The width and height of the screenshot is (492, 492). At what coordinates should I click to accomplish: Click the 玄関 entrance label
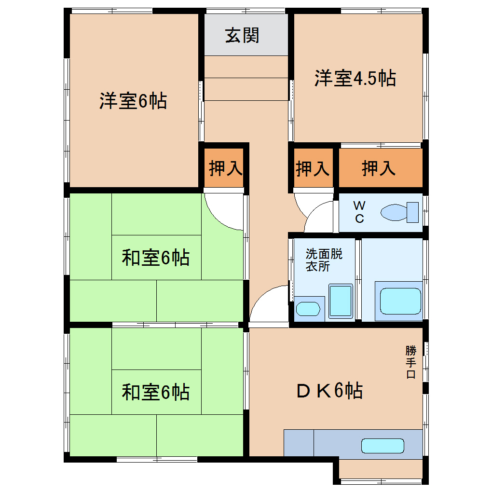click(242, 36)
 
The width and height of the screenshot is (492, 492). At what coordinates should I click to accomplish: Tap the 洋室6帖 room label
click(133, 101)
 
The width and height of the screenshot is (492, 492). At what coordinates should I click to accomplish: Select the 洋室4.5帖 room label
click(355, 78)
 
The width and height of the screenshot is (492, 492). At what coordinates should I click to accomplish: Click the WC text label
click(359, 212)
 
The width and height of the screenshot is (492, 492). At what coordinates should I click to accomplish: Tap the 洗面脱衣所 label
click(324, 260)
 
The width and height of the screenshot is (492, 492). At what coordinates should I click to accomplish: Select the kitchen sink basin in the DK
click(383, 446)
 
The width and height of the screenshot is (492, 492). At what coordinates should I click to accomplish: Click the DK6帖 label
click(329, 391)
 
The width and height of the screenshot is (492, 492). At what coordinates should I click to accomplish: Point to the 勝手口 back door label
click(410, 361)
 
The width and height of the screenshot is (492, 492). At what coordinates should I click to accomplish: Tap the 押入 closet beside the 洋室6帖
click(225, 168)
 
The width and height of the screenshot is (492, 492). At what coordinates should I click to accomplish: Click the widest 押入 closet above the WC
click(379, 168)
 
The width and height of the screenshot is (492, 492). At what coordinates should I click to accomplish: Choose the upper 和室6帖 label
click(155, 258)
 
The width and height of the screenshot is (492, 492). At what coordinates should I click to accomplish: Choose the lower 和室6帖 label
click(155, 392)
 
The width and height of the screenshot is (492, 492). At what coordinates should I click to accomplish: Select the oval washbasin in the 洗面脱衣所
click(308, 309)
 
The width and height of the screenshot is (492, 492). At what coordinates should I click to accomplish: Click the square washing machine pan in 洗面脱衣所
click(341, 301)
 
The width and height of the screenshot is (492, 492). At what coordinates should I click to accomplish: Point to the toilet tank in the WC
click(412, 212)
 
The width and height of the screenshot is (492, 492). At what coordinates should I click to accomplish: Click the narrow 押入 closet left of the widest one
click(313, 168)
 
